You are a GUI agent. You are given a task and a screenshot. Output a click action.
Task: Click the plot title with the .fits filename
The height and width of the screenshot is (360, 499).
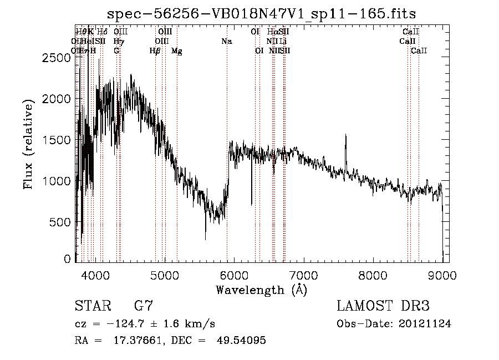click(x=261, y=13)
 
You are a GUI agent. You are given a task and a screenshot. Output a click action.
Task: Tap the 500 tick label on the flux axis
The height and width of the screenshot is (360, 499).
click(x=63, y=222)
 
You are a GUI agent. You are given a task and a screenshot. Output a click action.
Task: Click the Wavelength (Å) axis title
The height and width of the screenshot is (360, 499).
click(x=261, y=290)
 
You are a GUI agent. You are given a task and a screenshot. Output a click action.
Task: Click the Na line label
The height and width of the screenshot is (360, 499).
click(x=226, y=41)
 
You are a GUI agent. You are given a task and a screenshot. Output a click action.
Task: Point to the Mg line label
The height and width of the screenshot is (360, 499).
click(x=176, y=51)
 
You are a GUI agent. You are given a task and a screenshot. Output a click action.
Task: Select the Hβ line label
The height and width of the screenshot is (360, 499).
click(x=155, y=51)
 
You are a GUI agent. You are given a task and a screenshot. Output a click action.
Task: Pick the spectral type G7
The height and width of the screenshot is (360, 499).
click(x=143, y=306)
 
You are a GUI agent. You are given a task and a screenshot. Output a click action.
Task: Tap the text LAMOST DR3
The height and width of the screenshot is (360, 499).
click(x=383, y=306)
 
